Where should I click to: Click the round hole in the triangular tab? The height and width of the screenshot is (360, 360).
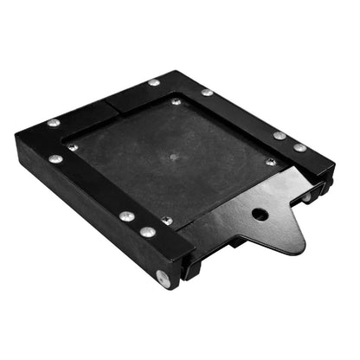click(260, 214)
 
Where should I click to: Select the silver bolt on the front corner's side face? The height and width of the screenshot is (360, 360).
click(162, 278)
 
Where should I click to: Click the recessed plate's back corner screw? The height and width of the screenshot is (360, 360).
click(177, 101)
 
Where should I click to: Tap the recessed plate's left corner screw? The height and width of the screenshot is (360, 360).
click(73, 147)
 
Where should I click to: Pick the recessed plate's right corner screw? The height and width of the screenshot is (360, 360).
click(271, 162)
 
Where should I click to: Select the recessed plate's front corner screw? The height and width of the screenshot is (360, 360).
click(167, 221)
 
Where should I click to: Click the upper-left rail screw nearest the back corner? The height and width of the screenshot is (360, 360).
click(153, 82)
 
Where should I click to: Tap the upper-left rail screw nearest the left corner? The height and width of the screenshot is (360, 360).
click(53, 123)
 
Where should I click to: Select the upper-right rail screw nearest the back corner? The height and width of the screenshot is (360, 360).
click(207, 92)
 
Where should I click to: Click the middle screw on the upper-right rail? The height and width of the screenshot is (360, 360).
click(280, 135)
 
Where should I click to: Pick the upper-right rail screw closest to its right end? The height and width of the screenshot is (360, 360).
click(299, 147)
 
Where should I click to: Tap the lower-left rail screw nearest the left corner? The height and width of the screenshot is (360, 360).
click(56, 158)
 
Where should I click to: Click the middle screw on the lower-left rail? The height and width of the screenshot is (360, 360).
click(127, 216)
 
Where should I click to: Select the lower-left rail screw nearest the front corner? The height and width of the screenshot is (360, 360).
click(148, 232)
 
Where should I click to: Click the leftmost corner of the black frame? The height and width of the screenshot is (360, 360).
click(16, 132)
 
